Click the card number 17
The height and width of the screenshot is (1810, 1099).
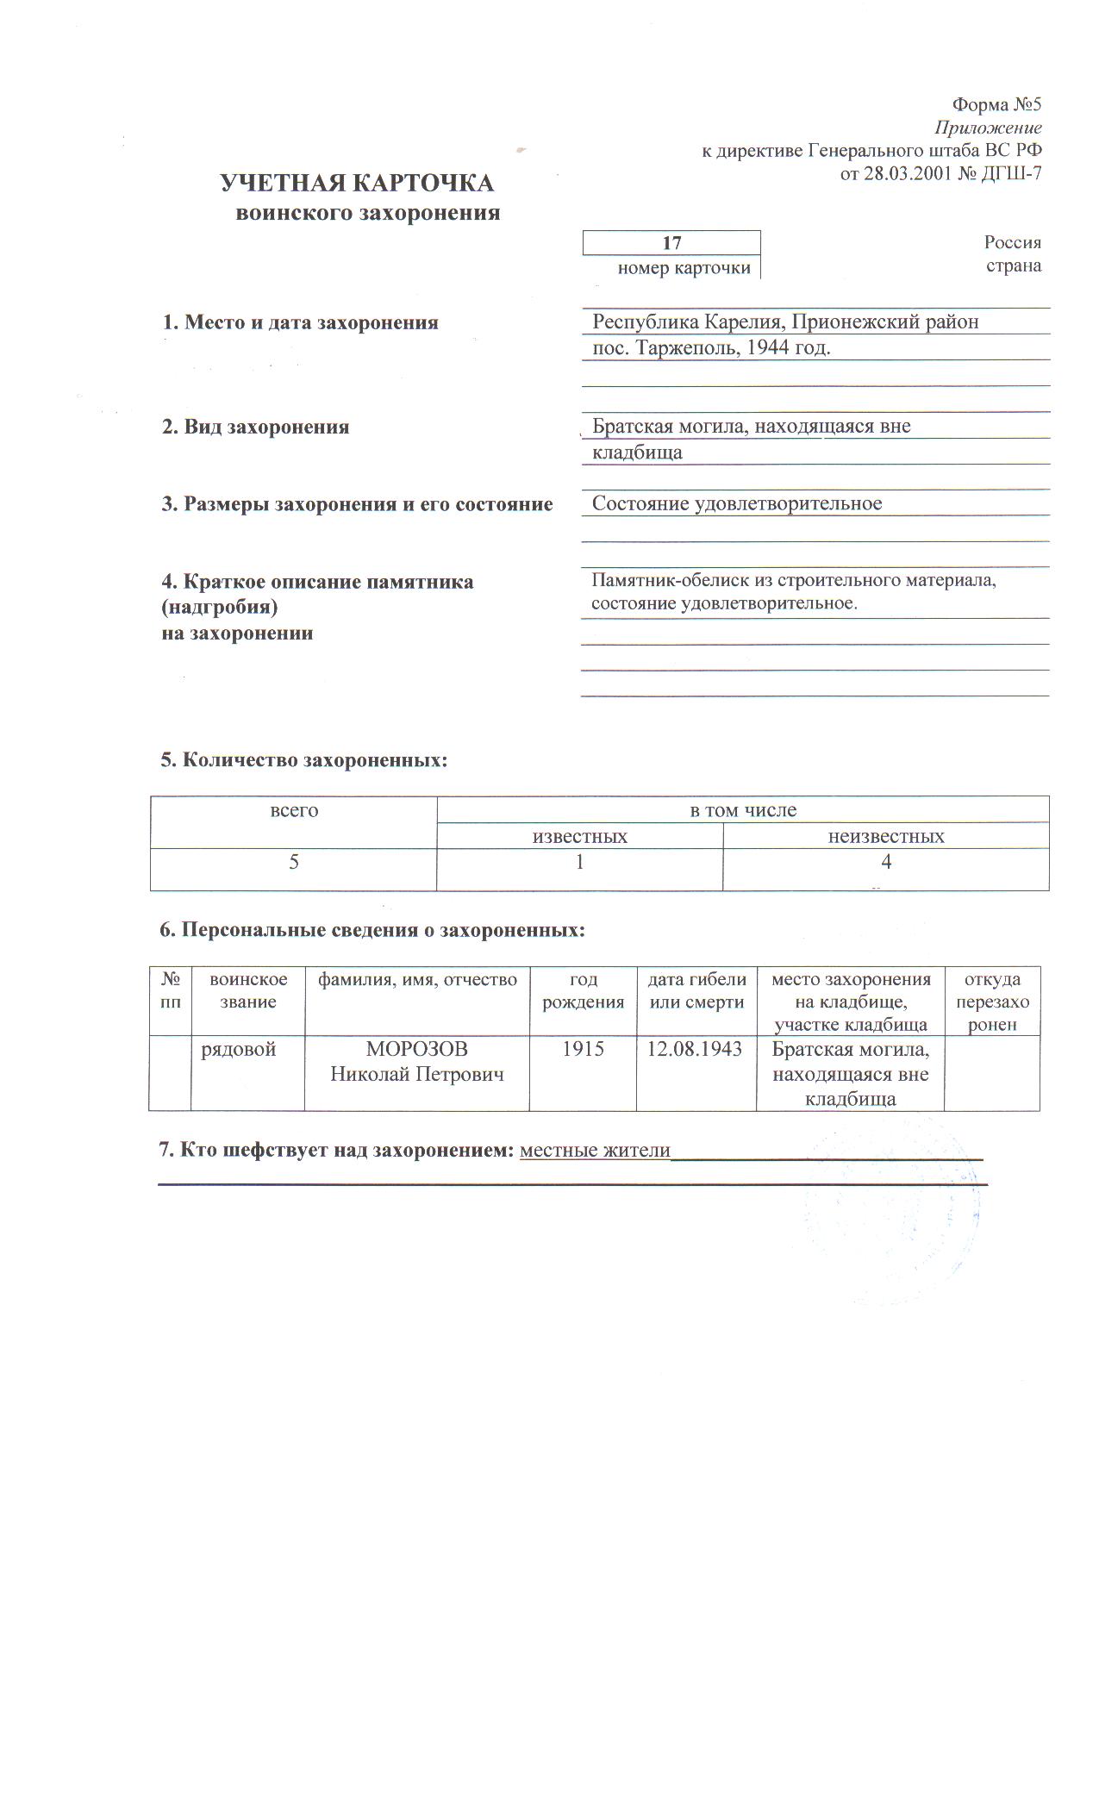[x=671, y=244]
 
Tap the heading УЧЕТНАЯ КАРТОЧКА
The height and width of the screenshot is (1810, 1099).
[x=357, y=184]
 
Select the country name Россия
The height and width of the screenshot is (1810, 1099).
[x=1013, y=242]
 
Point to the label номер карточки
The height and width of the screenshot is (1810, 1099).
[x=684, y=268]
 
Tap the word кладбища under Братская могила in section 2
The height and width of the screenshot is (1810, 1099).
[x=637, y=452]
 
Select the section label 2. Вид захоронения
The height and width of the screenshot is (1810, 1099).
[x=255, y=427]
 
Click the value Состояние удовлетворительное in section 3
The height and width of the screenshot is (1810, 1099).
[x=736, y=503]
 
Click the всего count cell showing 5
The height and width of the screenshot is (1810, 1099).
[x=294, y=862]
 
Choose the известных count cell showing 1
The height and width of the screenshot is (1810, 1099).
[x=579, y=862]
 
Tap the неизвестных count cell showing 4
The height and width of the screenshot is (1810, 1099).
[x=886, y=862]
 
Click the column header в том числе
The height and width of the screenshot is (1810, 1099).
[x=743, y=810]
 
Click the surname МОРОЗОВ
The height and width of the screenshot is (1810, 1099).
[x=417, y=1050]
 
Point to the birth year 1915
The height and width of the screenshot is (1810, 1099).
[x=583, y=1050]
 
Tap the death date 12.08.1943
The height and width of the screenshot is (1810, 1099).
[x=696, y=1050]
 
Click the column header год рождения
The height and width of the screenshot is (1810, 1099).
[x=584, y=990]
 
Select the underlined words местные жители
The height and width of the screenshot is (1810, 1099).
[x=595, y=1151]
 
